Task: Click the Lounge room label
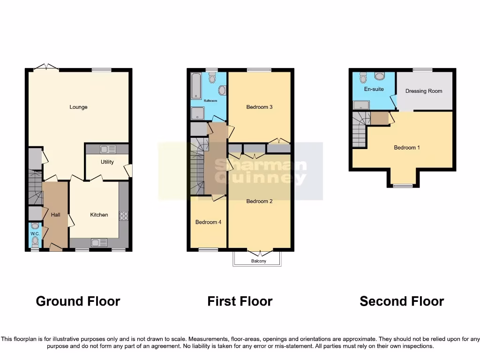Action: coord(78,107)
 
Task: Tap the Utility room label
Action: coord(107,162)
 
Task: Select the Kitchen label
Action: coord(99,215)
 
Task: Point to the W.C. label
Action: coord(35,233)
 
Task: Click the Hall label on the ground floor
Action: coord(55,215)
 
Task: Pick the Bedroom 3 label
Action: coord(259,107)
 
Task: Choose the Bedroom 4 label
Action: coord(208,222)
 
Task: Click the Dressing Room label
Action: coord(424,91)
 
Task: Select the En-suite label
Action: coord(374,89)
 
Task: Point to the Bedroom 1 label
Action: coord(406,148)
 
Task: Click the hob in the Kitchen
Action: coord(124,216)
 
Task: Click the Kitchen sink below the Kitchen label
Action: coord(99,242)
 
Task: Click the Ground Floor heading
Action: coord(78,301)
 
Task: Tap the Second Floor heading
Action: coord(401,301)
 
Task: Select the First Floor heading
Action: coord(240,301)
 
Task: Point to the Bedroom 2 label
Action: coord(259,202)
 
